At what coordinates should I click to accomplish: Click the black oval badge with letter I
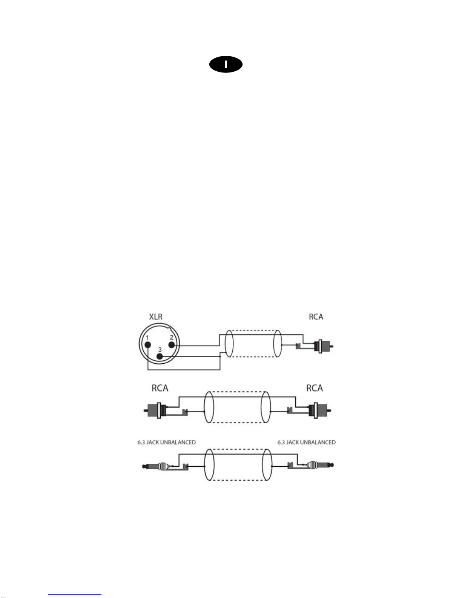pyautogui.click(x=226, y=65)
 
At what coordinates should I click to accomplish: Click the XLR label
pyautogui.click(x=156, y=317)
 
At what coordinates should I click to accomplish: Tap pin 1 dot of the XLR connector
pyautogui.click(x=148, y=344)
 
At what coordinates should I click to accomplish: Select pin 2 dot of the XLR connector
pyautogui.click(x=171, y=345)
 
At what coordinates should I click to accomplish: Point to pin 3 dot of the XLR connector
pyautogui.click(x=160, y=357)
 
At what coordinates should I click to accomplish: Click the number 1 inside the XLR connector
pyautogui.click(x=147, y=337)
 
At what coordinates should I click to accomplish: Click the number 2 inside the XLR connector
pyautogui.click(x=171, y=337)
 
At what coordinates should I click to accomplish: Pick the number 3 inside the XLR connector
pyautogui.click(x=160, y=349)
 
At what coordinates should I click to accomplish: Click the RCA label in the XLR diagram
pyautogui.click(x=316, y=317)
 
